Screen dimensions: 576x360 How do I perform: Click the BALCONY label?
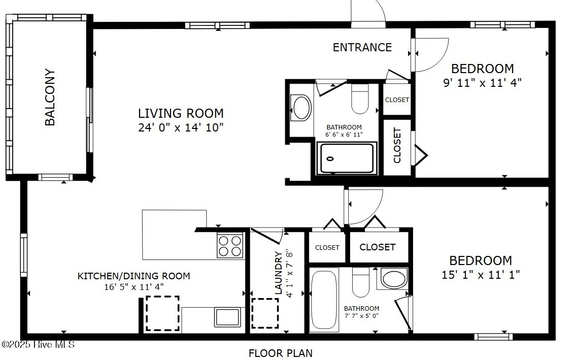coord(50,97)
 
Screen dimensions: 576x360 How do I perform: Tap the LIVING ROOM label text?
coord(181,113)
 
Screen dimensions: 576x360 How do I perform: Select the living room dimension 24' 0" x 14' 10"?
coord(181,127)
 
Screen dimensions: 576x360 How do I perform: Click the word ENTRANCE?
coord(362,47)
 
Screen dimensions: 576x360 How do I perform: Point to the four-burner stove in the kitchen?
coord(230,246)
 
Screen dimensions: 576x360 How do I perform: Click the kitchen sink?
coord(228,317)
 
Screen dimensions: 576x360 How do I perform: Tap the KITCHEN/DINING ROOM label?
coord(133,276)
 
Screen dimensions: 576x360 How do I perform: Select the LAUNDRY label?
coord(279,273)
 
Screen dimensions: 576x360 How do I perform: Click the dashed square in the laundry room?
coord(265,313)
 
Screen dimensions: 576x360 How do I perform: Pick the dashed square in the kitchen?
coord(162,313)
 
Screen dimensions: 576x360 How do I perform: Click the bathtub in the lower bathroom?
coord(324,300)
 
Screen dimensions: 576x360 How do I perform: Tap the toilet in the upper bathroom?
coord(360,99)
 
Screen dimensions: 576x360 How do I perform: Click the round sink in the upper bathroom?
coord(301,107)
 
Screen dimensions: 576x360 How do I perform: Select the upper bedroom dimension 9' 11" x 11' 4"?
coord(482,82)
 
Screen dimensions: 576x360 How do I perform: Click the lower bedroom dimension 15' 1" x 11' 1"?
coord(481,274)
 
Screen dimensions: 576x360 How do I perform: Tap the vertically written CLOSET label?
coord(397,145)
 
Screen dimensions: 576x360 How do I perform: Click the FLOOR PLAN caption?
coord(281,353)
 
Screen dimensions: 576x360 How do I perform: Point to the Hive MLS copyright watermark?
coord(38,345)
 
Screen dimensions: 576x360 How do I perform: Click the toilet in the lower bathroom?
coord(360,282)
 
